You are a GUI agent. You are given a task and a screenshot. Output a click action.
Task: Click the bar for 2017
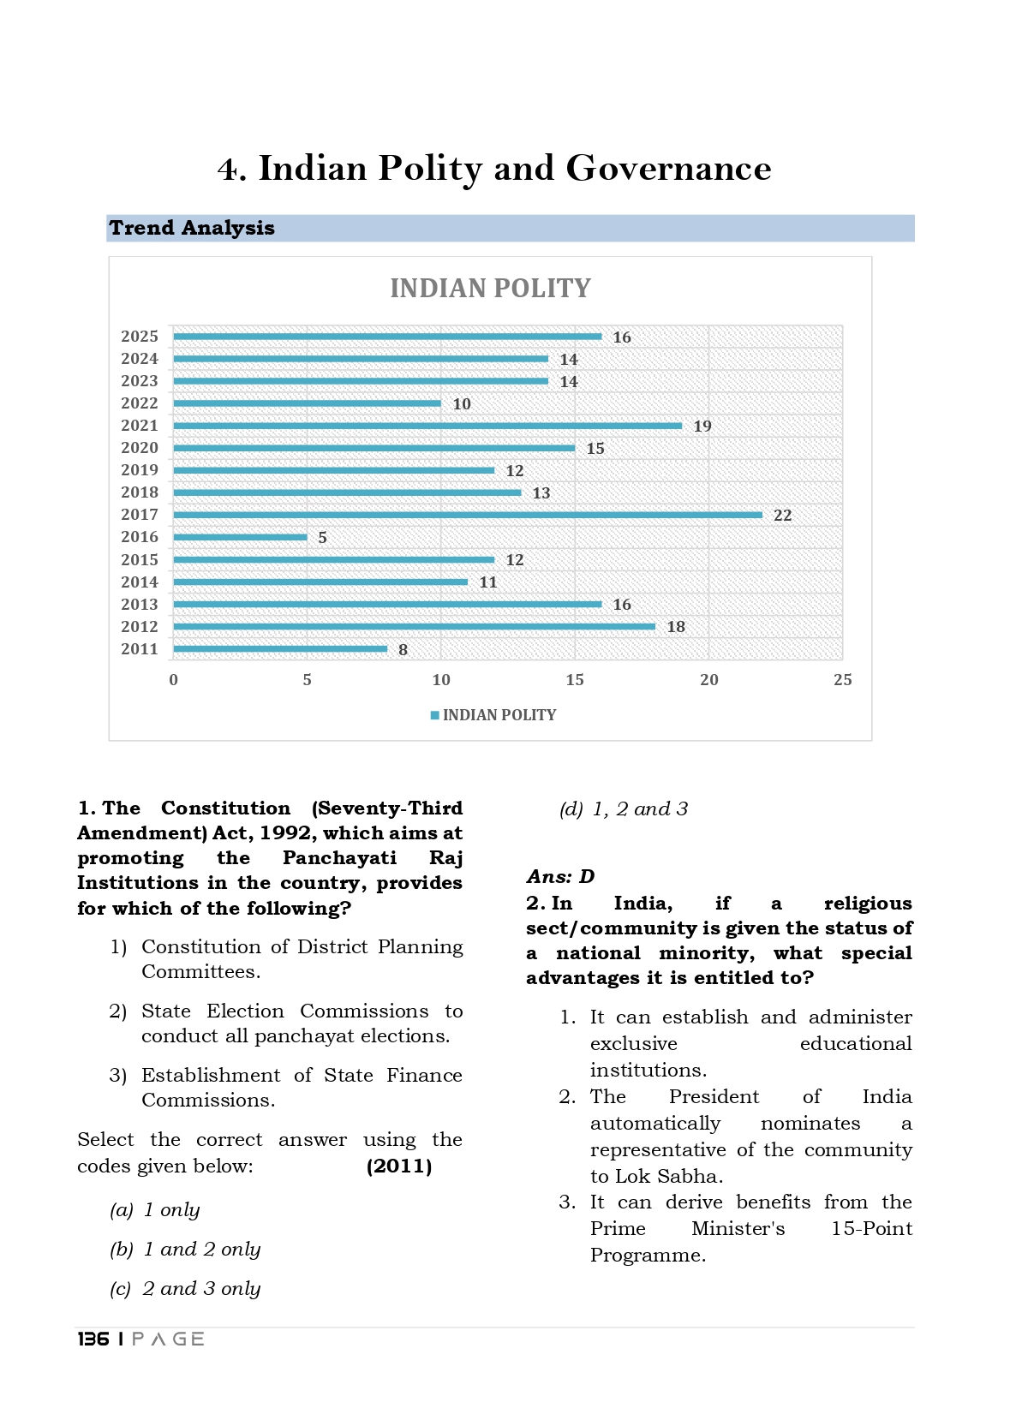pos(467,515)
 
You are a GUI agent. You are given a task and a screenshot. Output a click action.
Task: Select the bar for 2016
pos(240,537)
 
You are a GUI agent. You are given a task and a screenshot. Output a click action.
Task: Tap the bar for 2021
pos(427,426)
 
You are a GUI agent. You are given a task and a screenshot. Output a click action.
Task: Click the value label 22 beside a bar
pos(782,516)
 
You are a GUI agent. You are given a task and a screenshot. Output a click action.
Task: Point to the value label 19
pos(702,427)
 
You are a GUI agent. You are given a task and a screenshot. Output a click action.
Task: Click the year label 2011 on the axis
pos(140,649)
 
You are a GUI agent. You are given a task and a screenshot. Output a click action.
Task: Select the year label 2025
pos(140,337)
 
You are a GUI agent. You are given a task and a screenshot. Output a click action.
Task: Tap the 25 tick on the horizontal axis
pos(842,680)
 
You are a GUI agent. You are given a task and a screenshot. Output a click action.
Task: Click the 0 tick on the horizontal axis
pos(174,680)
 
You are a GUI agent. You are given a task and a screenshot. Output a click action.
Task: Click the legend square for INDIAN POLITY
pos(435,715)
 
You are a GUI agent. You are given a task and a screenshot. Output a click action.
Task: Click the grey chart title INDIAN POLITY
pos(490,289)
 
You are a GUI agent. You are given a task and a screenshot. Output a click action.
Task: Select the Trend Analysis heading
pos(192,228)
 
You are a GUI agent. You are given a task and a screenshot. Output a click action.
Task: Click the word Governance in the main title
pos(668,169)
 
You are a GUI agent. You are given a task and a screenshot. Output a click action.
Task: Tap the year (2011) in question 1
pos(398,1166)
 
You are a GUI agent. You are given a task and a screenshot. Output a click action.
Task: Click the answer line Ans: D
pos(560,877)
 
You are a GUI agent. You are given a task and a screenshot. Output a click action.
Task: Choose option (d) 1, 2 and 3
pos(624,809)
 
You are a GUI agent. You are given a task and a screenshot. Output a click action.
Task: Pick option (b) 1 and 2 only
pos(185,1250)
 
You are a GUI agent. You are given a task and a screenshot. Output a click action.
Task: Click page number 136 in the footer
pos(93,1339)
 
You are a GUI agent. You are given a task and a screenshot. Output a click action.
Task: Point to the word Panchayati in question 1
pos(339,858)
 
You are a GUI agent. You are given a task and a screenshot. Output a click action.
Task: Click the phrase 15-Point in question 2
pos(871,1229)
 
